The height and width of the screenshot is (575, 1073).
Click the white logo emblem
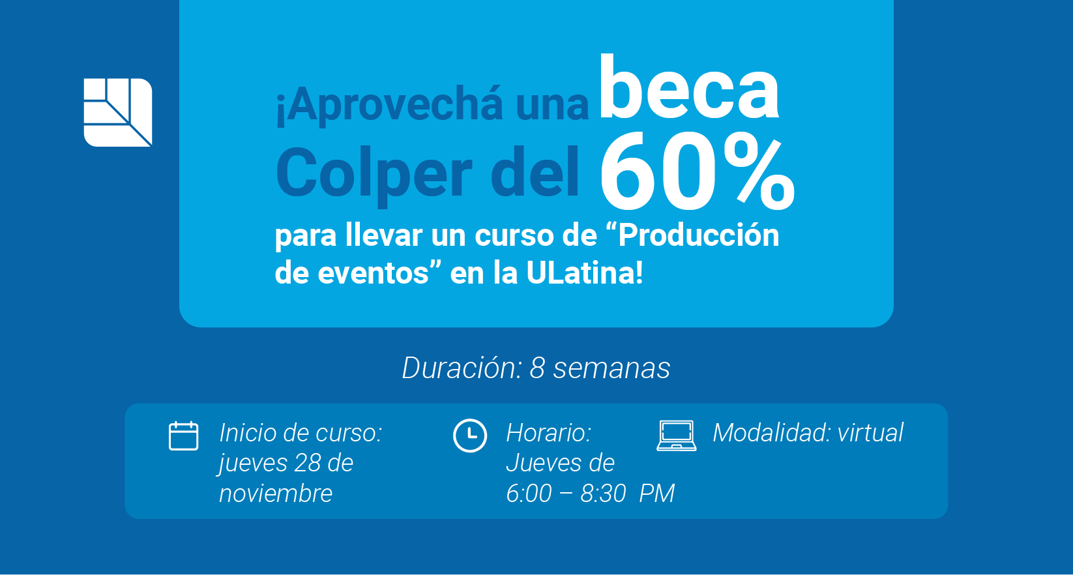tap(118, 112)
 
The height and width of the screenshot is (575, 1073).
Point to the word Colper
tap(374, 173)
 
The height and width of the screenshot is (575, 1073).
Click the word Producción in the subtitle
tap(698, 235)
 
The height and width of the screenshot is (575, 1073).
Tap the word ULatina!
tap(584, 273)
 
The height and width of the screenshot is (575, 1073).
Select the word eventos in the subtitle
tap(373, 274)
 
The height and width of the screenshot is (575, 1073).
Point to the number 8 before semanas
tap(537, 368)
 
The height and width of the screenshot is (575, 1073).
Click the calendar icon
tap(183, 435)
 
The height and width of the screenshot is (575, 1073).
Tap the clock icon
tap(470, 435)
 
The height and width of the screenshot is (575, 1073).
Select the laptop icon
tap(677, 435)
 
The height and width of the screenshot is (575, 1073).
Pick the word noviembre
tap(276, 494)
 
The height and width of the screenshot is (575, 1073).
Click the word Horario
tap(549, 433)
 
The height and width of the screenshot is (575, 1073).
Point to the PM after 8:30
tap(656, 493)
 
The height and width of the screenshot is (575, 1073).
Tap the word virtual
tap(870, 432)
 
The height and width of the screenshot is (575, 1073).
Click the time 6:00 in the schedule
tap(529, 493)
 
